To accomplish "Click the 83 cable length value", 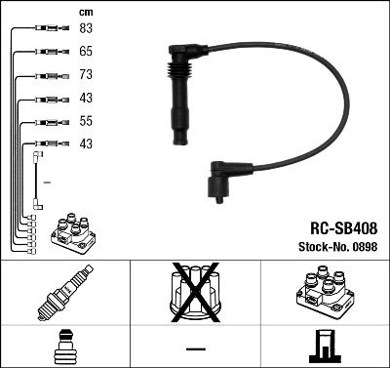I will point(86,28).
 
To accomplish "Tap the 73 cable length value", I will point(86,75).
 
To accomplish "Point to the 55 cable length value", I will point(86,123).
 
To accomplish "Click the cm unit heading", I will point(85,11).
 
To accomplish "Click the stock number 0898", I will point(365,247).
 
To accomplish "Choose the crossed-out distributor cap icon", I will point(195,293).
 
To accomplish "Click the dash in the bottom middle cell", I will point(195,348).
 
